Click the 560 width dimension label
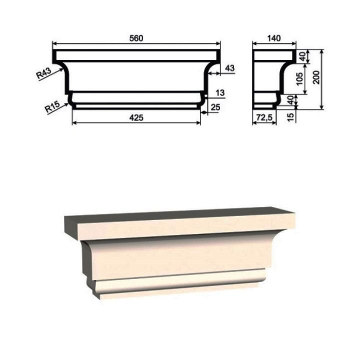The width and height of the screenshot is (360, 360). [136, 38]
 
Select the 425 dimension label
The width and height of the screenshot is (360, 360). [136, 118]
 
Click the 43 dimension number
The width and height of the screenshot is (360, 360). [230, 68]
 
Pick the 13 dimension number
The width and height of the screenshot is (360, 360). [220, 93]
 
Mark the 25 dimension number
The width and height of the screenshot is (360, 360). [215, 107]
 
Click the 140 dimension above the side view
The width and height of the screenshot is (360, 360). [274, 38]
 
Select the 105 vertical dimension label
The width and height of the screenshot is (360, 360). [300, 79]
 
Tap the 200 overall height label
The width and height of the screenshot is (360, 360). [316, 77]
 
